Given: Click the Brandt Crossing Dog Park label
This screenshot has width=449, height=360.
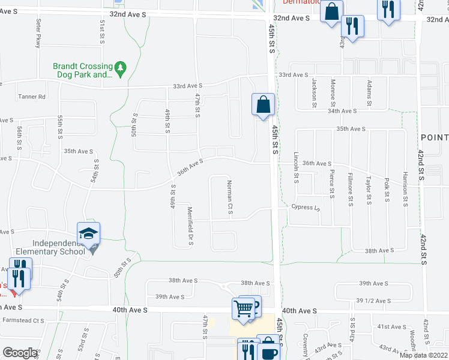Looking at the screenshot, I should coord(82,70).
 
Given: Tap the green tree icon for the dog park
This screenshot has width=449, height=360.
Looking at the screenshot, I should coord(121,69).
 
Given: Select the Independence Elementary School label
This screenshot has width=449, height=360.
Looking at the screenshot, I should coord(58,247).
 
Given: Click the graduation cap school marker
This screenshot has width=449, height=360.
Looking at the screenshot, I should coord(88,233).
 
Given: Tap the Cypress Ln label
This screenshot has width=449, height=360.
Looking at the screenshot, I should coord(304,208).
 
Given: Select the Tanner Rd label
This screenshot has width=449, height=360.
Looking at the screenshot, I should coord(32,97).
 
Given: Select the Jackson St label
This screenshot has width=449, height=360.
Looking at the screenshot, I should coord(313,92).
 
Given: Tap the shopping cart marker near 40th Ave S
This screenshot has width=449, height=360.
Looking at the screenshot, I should coord(243,309).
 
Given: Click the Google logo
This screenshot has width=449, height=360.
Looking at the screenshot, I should coord(20,353).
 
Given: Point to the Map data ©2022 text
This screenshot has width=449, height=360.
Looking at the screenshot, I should coord(423,355).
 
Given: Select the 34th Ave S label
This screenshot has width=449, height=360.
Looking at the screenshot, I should coord(342,110).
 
